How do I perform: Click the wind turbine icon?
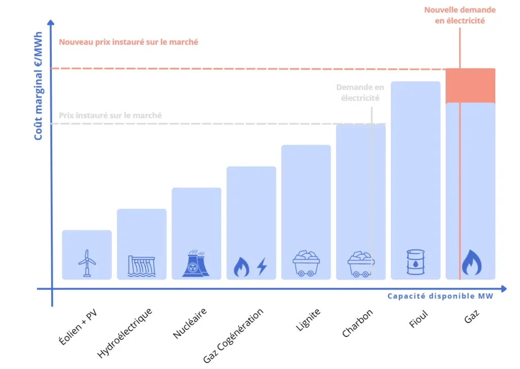click(x=87, y=263)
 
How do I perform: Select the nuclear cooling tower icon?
click(x=196, y=263)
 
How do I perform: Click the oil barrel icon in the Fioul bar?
click(x=415, y=262)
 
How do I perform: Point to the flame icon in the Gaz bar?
click(x=471, y=263)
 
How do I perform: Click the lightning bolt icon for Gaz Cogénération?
click(x=262, y=266)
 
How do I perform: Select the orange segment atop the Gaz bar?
click(x=470, y=85)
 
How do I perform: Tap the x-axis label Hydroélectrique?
click(x=125, y=332)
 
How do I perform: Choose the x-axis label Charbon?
click(x=357, y=323)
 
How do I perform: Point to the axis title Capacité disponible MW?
click(x=440, y=296)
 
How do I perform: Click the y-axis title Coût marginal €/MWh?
click(x=39, y=90)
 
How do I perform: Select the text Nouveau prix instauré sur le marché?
click(x=128, y=42)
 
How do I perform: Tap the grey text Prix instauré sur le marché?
click(x=110, y=115)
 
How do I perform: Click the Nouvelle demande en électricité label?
click(x=460, y=15)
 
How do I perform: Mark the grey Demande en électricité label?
click(x=360, y=93)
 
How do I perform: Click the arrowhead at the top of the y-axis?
click(x=51, y=23)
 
